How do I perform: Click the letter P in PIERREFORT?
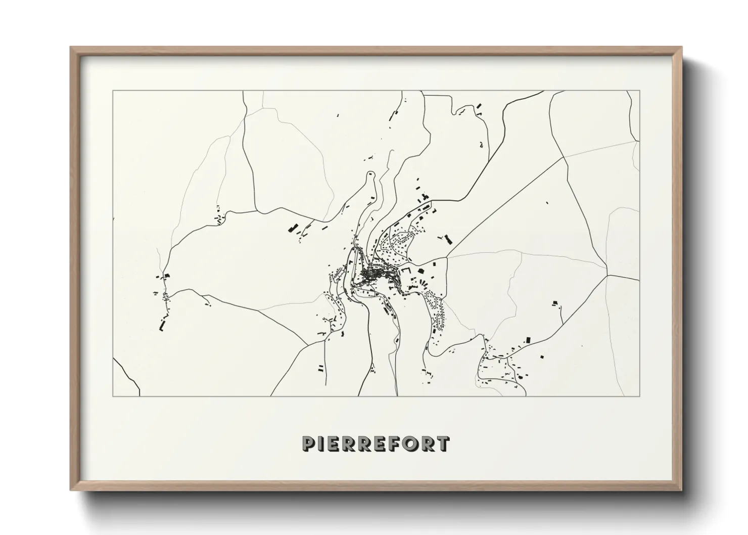point(308,443)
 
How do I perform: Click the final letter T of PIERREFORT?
point(442,443)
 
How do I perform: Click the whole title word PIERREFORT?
point(375,443)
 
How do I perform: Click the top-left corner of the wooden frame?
point(71,48)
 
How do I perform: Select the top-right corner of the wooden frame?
point(681,48)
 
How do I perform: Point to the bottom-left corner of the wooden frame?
point(71,490)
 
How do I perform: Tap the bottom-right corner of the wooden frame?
point(681,490)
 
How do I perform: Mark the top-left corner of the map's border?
point(113,91)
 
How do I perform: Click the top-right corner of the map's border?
point(640,91)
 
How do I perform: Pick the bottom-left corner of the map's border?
point(113,396)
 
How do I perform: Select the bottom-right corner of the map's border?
point(640,396)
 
